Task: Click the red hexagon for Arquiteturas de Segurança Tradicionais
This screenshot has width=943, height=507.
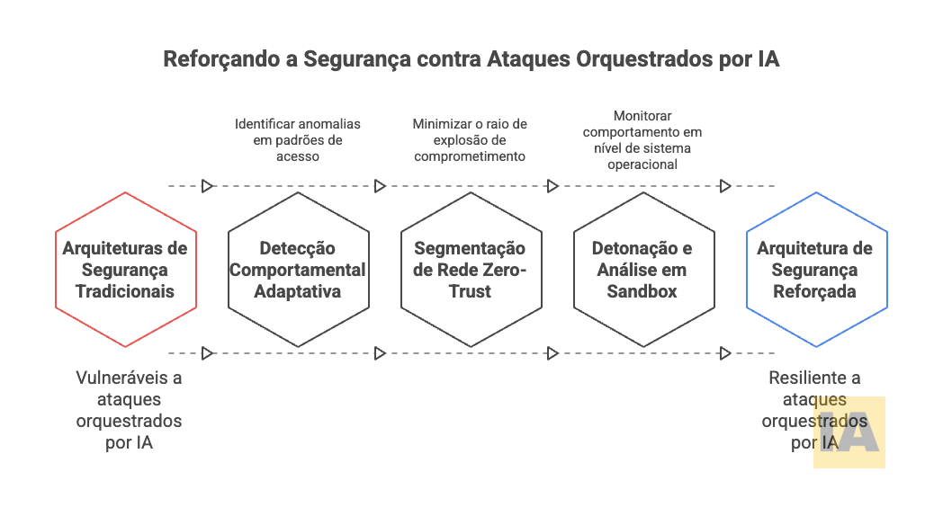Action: point(125,270)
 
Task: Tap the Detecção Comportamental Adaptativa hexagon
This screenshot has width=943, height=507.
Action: point(298,270)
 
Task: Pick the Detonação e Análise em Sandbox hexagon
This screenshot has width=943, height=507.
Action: point(643,270)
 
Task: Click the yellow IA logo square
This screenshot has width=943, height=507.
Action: point(849,432)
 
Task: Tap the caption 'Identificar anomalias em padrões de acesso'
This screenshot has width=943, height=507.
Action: point(298,140)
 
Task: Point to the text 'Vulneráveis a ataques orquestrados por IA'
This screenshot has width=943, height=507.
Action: point(129,410)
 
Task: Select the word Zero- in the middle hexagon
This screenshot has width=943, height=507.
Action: point(507,270)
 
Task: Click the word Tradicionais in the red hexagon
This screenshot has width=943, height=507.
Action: point(125,291)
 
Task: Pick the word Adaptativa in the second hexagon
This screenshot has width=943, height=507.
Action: point(298,291)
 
